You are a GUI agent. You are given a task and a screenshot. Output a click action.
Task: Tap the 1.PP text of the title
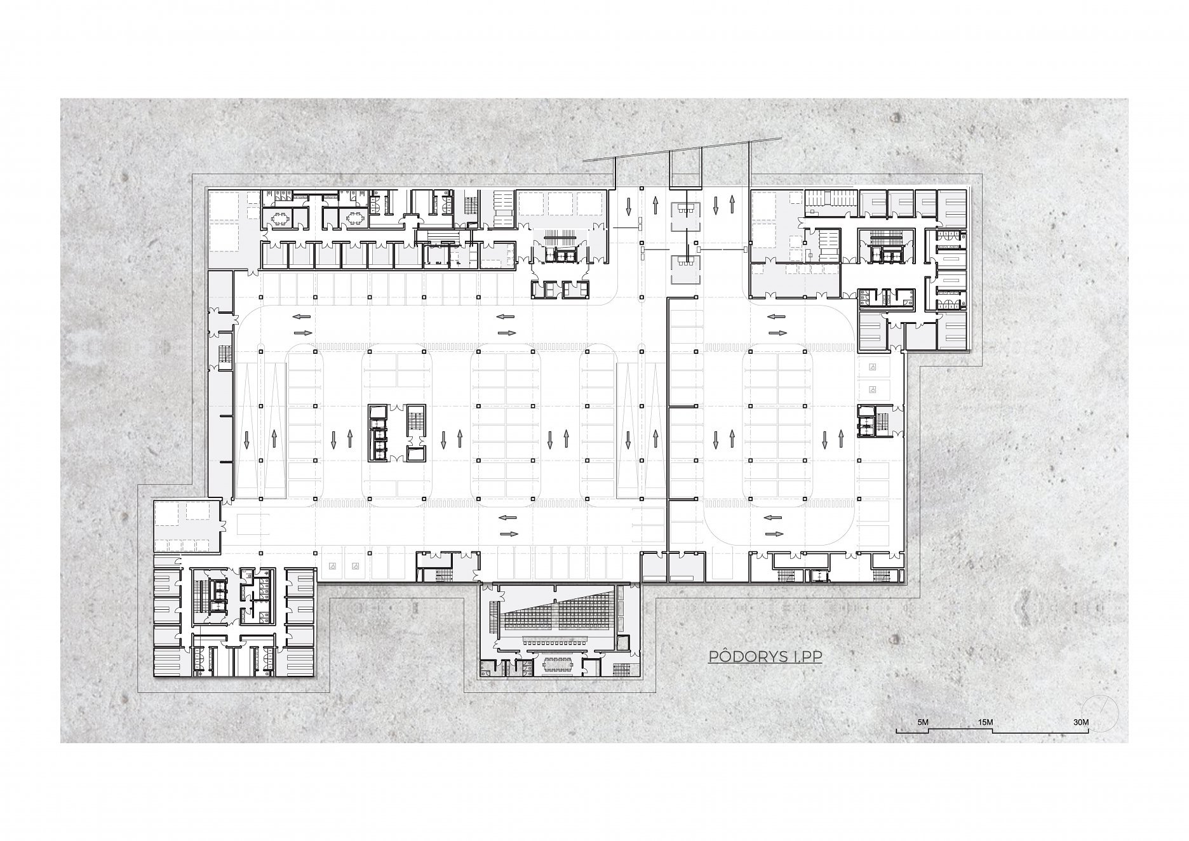click(x=805, y=657)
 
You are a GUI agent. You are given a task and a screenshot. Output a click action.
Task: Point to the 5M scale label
click(x=922, y=723)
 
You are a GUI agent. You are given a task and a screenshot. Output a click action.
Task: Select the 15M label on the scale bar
click(x=985, y=723)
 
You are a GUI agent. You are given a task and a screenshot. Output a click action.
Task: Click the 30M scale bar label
click(x=1080, y=723)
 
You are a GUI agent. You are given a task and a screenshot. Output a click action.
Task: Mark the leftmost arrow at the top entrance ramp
click(x=628, y=205)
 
